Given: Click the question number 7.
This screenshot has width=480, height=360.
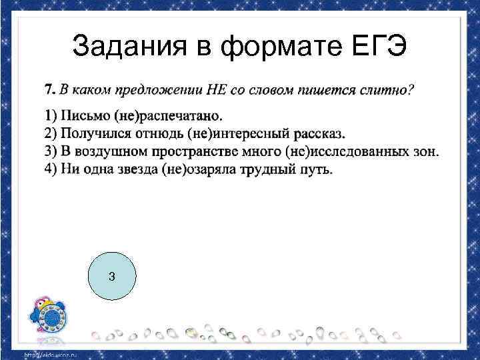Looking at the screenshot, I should [x=49, y=88].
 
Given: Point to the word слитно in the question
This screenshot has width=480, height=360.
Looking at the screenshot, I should [x=391, y=88].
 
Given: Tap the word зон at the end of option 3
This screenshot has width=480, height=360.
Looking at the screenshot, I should [x=424, y=151].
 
